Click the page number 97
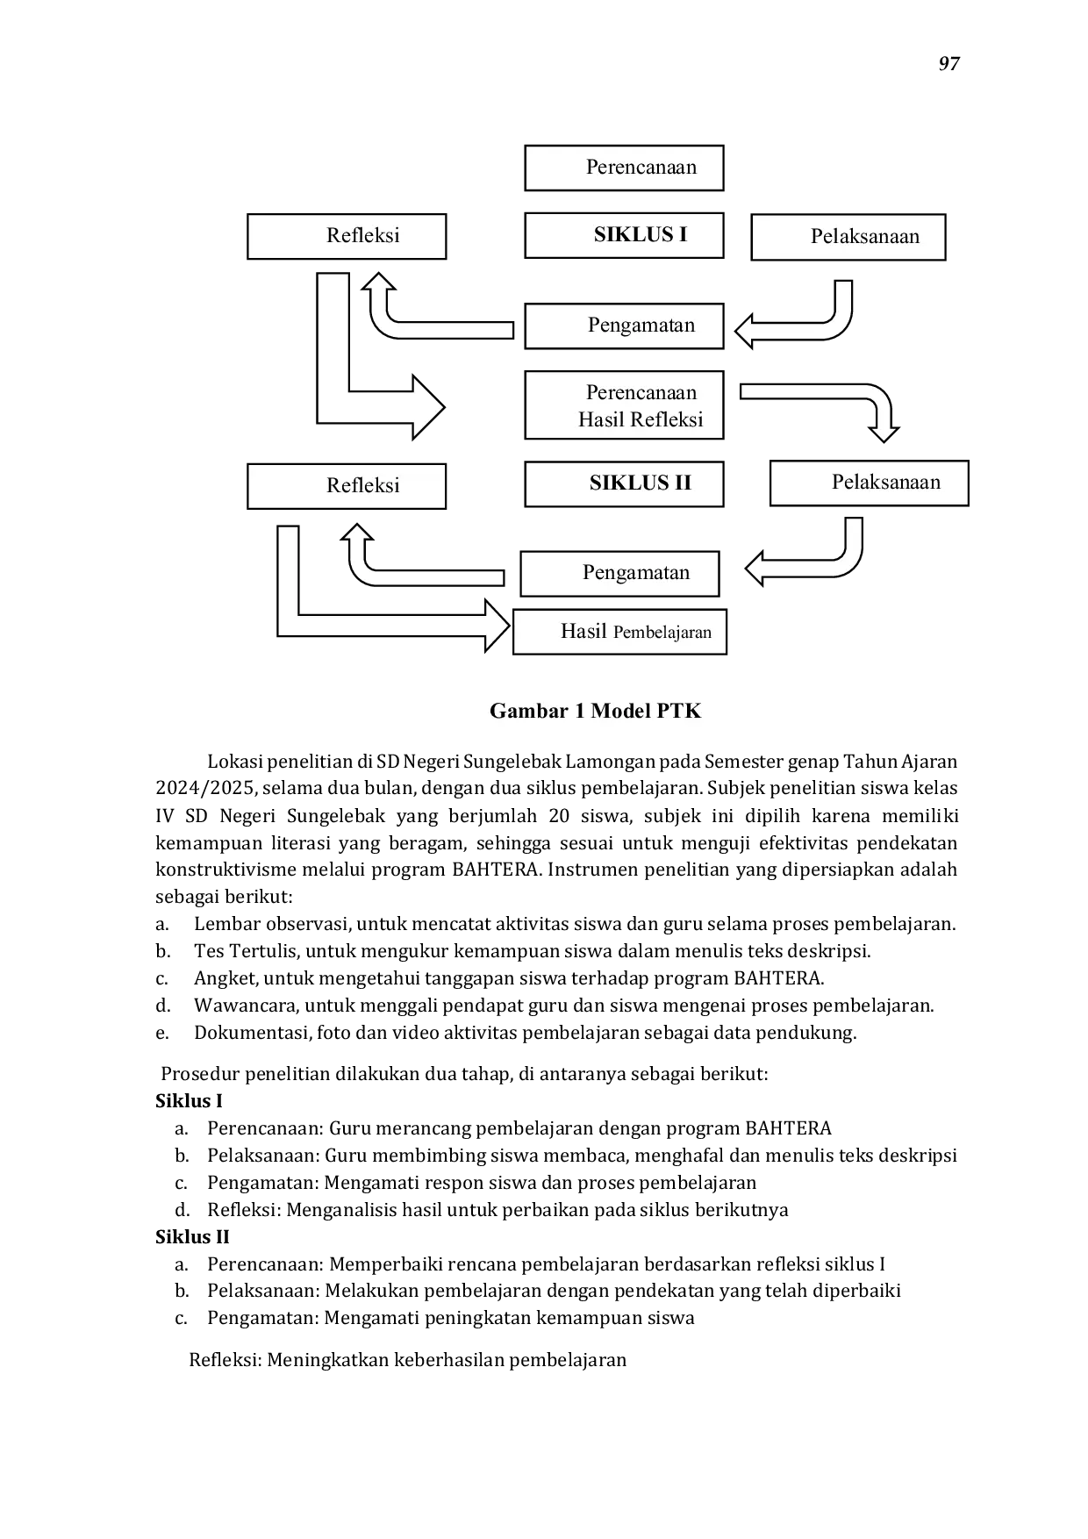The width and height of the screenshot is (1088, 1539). (949, 64)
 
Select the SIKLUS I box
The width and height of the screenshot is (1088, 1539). (624, 235)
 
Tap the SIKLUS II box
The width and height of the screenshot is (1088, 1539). (624, 483)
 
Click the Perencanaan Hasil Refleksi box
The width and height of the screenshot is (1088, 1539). (624, 405)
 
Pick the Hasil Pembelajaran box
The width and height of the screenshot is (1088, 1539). (619, 632)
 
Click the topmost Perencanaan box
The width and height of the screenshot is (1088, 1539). (624, 168)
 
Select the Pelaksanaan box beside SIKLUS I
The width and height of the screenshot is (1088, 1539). (848, 237)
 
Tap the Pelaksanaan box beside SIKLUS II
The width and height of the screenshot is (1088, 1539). (870, 483)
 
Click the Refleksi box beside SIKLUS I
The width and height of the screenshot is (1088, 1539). (347, 236)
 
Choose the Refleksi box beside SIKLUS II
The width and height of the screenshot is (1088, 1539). (347, 486)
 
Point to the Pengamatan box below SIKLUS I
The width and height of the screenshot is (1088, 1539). (624, 326)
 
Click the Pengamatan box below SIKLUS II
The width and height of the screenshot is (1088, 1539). (619, 574)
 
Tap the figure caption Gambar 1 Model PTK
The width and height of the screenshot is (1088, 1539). (596, 711)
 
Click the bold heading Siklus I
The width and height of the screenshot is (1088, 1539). (189, 1101)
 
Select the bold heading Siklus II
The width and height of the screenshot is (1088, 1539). (192, 1237)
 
